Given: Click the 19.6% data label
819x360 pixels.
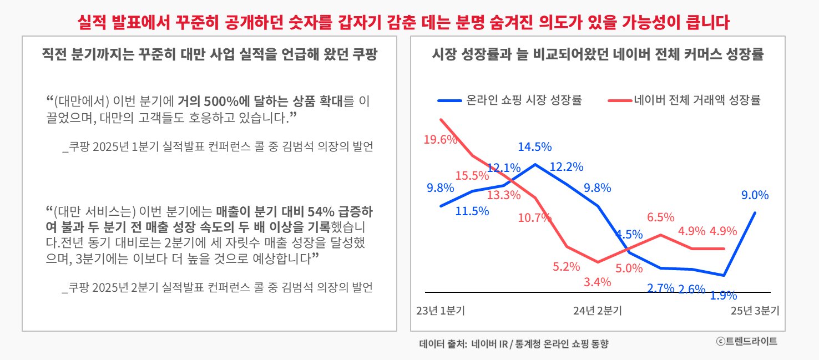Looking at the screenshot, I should click(x=440, y=140).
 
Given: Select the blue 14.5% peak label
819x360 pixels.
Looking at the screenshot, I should click(x=534, y=147).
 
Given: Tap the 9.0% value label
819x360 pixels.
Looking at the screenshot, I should click(x=755, y=195).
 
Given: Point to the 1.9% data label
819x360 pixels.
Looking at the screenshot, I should click(x=724, y=296).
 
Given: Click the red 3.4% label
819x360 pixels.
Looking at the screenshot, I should click(x=597, y=282).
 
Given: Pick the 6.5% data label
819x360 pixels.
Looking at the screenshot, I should click(x=660, y=217).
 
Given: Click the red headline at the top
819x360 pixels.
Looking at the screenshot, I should click(x=404, y=22).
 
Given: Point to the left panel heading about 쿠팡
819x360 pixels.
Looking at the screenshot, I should click(x=210, y=55).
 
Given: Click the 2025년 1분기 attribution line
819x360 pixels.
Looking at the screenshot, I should click(x=218, y=147).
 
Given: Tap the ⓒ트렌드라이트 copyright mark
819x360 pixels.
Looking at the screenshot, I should click(x=746, y=341).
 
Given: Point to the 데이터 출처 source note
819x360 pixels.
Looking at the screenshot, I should click(x=514, y=344).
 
